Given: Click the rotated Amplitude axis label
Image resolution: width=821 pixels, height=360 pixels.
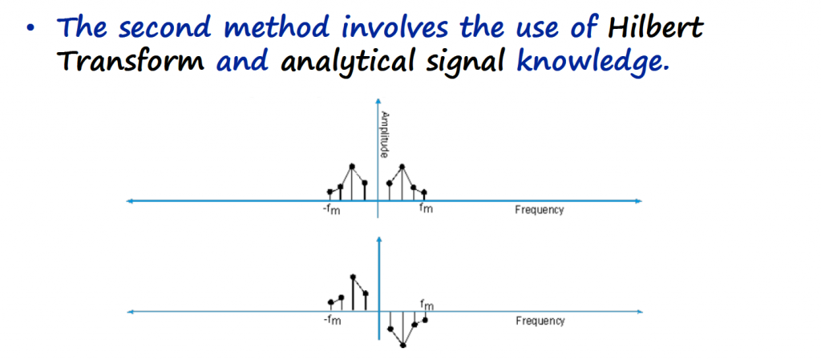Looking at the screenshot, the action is (384, 134).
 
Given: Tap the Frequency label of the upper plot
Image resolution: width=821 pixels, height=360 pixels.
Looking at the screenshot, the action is (540, 210).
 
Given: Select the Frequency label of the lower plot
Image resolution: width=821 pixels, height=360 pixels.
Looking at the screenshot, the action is (540, 321).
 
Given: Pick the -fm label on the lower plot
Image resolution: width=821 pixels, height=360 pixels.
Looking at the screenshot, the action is (332, 320).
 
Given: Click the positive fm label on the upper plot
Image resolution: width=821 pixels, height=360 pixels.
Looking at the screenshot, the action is (427, 210).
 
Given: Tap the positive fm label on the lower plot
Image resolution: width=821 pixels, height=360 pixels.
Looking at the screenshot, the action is (427, 304).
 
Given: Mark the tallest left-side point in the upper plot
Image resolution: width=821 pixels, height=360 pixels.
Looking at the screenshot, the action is (352, 167).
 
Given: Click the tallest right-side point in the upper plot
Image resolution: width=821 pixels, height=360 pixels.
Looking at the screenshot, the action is (402, 167).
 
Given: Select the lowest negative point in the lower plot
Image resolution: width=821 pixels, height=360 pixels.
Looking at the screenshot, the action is (403, 346).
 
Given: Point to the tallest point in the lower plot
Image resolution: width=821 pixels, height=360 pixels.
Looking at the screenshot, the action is (353, 277).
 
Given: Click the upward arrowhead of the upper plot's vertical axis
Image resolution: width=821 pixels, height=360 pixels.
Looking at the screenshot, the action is (378, 100).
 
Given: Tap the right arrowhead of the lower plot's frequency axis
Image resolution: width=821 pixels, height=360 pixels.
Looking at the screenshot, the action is (638, 313).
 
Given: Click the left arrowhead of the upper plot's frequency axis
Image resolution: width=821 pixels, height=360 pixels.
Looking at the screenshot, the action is (131, 200).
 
